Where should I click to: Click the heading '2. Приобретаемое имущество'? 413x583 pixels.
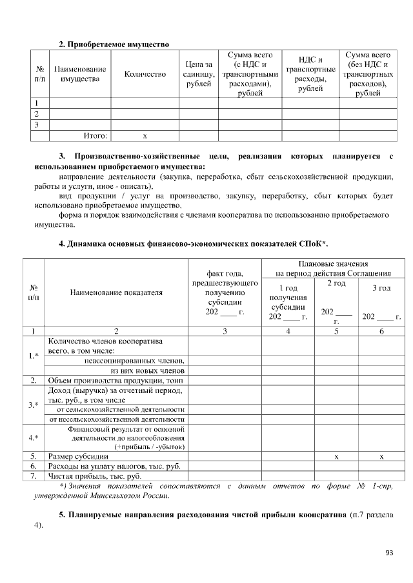pos(114,44)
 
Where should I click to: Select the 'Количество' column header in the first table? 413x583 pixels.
pos(145,74)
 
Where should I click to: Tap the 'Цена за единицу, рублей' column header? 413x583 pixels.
pos(199,74)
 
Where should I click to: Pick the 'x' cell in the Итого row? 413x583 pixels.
pos(145,136)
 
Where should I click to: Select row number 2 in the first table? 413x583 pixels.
pos(37,113)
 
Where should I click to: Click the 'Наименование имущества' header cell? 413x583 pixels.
pos(80,74)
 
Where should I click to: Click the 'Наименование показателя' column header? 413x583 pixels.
pos(116,292)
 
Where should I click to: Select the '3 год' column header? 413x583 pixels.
pos(381,288)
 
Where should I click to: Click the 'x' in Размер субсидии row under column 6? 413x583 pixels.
pos(381,456)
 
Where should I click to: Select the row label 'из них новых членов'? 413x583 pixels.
pos(148,370)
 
